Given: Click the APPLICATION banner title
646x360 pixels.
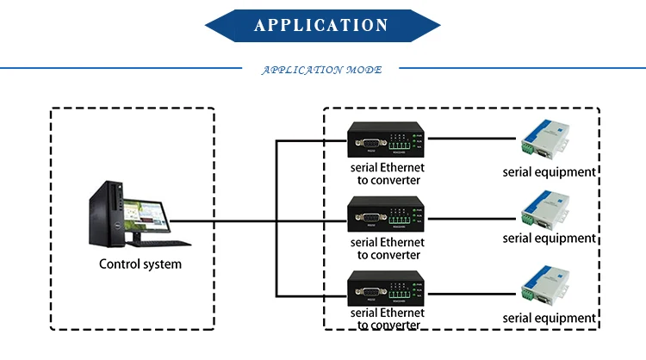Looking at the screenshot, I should (x=322, y=25).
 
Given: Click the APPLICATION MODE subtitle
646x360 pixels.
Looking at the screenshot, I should (x=321, y=70).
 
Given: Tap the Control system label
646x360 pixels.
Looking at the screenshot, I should (x=140, y=264).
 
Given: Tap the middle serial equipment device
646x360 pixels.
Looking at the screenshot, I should (x=546, y=212).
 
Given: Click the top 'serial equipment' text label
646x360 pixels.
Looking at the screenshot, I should (x=550, y=171).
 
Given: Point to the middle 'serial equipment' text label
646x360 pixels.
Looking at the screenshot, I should (x=550, y=238).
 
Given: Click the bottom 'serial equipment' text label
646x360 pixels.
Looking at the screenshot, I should (x=550, y=318).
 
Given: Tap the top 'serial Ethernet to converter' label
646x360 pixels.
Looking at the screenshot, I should (x=387, y=173).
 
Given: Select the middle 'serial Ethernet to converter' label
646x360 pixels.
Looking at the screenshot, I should (x=387, y=248).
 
